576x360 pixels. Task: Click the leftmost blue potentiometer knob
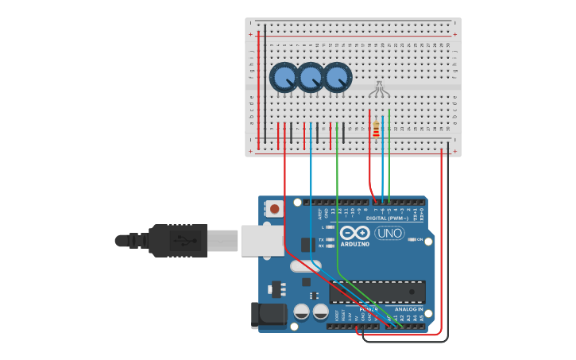(x=284, y=77)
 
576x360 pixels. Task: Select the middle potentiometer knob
(x=311, y=77)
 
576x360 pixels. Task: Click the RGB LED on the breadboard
(x=379, y=89)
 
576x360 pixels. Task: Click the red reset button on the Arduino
(x=275, y=209)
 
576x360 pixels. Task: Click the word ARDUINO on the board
(x=355, y=243)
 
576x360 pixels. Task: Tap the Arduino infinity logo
(x=354, y=232)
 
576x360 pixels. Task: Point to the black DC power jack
(x=268, y=315)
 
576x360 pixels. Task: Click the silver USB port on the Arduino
(x=261, y=240)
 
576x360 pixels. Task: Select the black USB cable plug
(x=178, y=240)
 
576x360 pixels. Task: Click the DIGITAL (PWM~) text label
(x=387, y=218)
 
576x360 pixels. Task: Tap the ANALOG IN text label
(x=408, y=308)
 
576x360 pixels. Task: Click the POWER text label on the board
(x=369, y=308)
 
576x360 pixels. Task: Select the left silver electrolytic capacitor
(x=301, y=312)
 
